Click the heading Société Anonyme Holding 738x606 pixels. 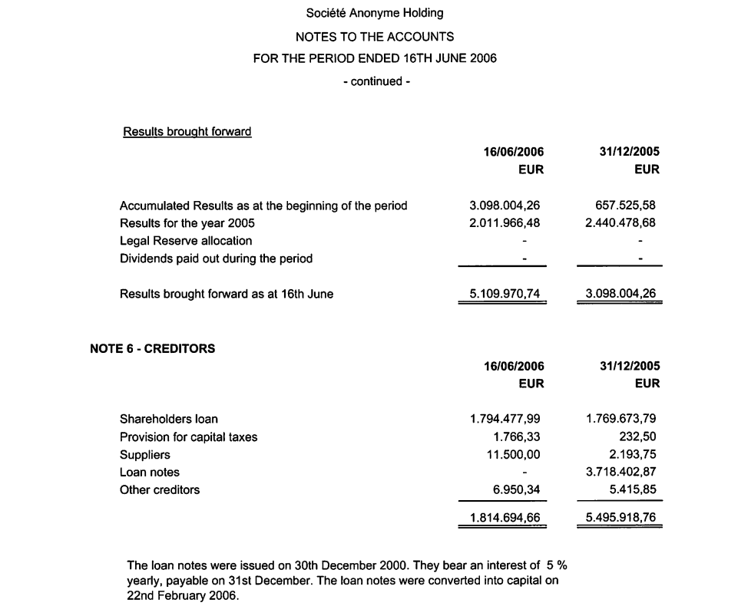pyautogui.click(x=375, y=13)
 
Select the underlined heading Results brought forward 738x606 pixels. pyautogui.click(x=187, y=132)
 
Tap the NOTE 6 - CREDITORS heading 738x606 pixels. pyautogui.click(x=152, y=348)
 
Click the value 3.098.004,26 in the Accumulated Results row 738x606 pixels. pyautogui.click(x=505, y=206)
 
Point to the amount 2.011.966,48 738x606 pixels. pyautogui.click(x=505, y=223)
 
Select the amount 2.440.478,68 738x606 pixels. pyautogui.click(x=620, y=223)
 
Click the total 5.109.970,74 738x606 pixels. pyautogui.click(x=505, y=293)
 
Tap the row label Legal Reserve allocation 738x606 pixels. pyautogui.click(x=186, y=241)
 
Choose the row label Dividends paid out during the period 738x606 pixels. pyautogui.click(x=216, y=259)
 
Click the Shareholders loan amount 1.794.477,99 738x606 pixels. pyautogui.click(x=505, y=419)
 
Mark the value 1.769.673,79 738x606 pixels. pyautogui.click(x=621, y=419)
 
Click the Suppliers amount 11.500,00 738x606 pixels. pyautogui.click(x=516, y=454)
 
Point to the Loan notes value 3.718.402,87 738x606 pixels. pyautogui.click(x=621, y=472)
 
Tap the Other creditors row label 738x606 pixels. pyautogui.click(x=160, y=489)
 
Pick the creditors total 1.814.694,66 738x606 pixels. pyautogui.click(x=505, y=518)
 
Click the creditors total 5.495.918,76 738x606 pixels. pyautogui.click(x=621, y=518)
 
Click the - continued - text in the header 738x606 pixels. pyautogui.click(x=376, y=81)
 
